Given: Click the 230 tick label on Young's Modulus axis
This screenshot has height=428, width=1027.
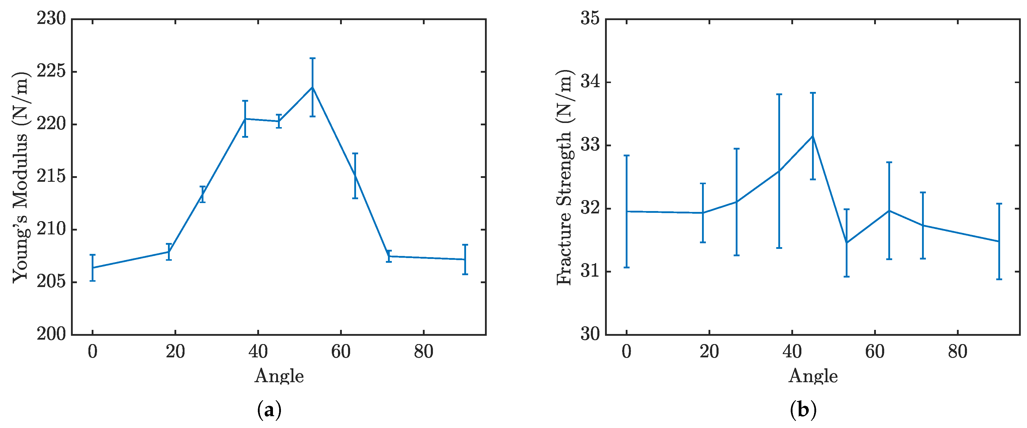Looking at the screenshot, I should tap(51, 19).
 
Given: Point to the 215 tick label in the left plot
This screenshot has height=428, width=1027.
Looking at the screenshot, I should tap(51, 176).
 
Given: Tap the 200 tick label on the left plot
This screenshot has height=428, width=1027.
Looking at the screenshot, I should tap(51, 334).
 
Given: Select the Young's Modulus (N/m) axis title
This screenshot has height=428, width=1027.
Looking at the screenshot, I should tap(21, 177).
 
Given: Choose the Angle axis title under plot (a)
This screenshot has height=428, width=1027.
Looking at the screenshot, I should tap(279, 376).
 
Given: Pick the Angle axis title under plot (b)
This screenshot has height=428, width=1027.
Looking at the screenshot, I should tap(813, 376).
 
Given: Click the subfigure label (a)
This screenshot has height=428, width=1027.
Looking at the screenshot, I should tap(269, 410).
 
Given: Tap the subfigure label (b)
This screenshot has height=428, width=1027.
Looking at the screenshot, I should tap(803, 410).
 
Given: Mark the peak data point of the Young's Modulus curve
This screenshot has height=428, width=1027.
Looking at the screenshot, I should tap(313, 87).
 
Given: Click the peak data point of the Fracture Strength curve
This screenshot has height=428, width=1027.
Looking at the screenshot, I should tap(813, 136).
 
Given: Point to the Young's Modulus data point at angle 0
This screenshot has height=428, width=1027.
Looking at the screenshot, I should tap(93, 267).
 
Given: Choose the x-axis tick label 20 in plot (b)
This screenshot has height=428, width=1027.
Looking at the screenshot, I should tap(709, 352).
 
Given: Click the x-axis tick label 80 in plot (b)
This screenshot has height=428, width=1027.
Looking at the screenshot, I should tap(957, 352).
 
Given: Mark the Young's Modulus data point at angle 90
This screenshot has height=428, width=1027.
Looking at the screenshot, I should tap(465, 260).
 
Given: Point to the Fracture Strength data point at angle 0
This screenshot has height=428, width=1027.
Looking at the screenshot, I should tap(626, 211).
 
